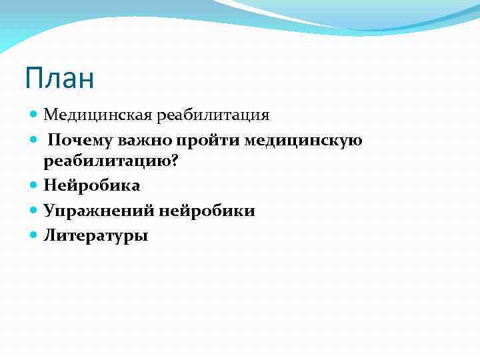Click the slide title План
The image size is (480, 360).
[59, 79]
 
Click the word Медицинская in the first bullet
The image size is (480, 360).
[99, 115]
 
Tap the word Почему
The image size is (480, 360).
[81, 141]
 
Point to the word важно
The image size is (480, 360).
[152, 141]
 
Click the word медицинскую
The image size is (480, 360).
[304, 141]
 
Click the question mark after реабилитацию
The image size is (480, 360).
[176, 162]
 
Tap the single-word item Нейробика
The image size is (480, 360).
[92, 186]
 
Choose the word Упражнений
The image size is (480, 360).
[99, 211]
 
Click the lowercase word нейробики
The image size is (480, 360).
[207, 211]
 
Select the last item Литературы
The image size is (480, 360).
[96, 235]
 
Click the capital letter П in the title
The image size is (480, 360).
[33, 79]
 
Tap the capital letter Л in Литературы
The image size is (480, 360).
[49, 235]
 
